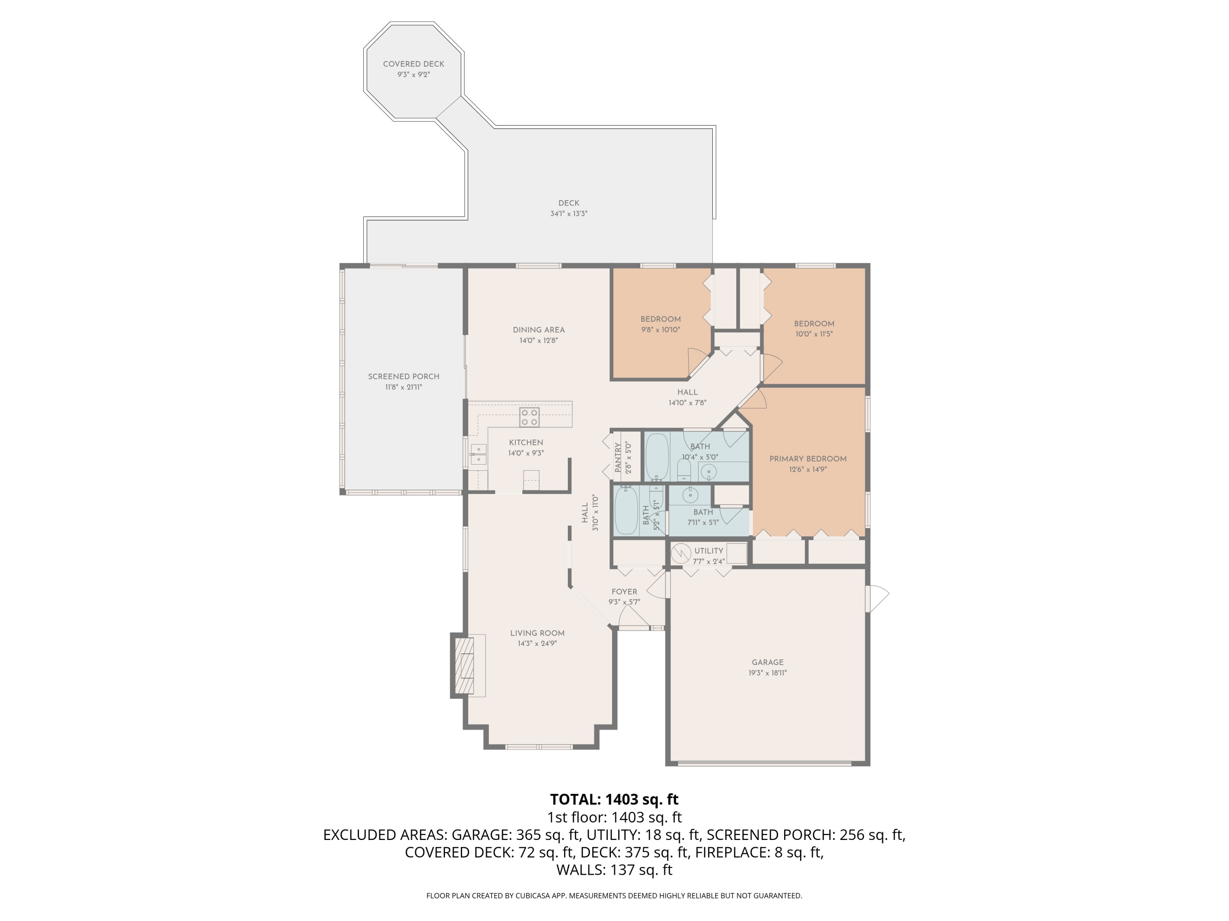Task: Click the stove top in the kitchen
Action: (529, 418)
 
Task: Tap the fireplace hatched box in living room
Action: (465, 666)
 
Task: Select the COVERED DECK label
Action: (413, 64)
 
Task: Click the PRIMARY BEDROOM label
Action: (807, 458)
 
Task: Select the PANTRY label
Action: (618, 458)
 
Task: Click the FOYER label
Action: (624, 592)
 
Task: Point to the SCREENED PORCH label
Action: (404, 377)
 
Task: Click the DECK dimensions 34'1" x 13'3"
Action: (568, 214)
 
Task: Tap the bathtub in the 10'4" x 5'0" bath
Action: (657, 456)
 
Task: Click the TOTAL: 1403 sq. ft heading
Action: (614, 799)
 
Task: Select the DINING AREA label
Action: (538, 330)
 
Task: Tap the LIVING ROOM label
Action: (537, 633)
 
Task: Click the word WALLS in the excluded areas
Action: (580, 870)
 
